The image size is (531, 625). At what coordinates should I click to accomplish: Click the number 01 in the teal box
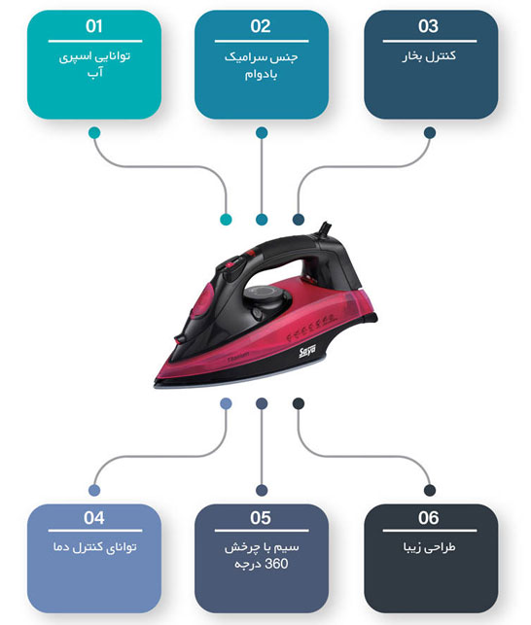pos(94,26)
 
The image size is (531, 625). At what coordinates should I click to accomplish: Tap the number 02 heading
pos(261,26)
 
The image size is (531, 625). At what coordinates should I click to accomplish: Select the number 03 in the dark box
pos(429,26)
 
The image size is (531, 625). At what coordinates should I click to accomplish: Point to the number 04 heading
pos(94,518)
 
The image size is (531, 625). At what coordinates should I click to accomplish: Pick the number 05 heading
pos(261,518)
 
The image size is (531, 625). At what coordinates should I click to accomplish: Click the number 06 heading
pos(429,518)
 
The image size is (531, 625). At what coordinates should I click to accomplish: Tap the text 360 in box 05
pos(276,564)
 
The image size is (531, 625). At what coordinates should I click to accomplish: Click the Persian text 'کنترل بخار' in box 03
pos(429,56)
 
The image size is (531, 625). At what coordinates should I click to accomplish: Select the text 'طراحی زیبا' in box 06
pos(429,547)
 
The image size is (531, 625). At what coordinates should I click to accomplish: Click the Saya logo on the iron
pos(307,351)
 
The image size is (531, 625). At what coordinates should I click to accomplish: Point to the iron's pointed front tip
pos(156,385)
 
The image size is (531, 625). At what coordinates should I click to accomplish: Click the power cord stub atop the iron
pos(325,229)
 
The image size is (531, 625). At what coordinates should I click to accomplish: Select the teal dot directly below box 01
pos(94,133)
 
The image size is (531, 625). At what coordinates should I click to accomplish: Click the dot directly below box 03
pos(430,133)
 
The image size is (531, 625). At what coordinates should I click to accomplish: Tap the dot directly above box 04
pos(94,490)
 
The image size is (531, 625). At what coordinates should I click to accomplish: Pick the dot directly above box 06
pos(430,490)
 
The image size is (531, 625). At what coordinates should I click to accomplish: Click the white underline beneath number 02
pos(262,41)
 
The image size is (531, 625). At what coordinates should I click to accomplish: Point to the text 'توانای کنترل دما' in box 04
pos(95,547)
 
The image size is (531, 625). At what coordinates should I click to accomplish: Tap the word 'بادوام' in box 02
pos(261,74)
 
